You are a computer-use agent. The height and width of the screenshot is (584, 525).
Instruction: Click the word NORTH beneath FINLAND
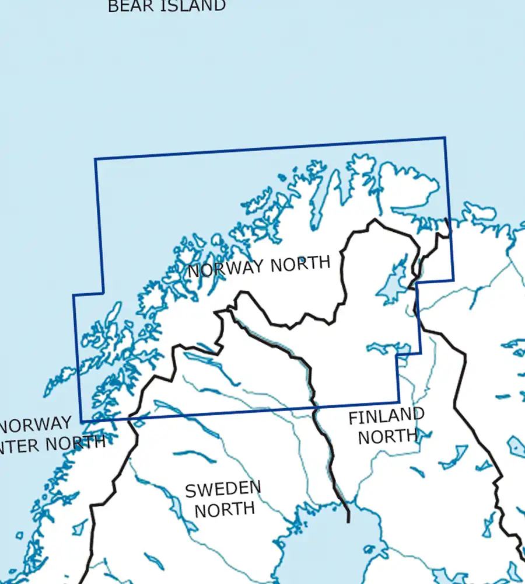(387, 436)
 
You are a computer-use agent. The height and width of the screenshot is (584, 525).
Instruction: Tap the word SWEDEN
(223, 489)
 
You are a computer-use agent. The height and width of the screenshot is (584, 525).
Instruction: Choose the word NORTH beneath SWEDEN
(225, 509)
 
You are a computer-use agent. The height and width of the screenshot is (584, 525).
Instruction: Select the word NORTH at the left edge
(76, 443)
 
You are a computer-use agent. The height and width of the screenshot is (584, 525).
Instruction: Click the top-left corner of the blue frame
(95, 159)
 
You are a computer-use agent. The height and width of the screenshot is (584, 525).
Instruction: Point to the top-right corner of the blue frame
(445, 138)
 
